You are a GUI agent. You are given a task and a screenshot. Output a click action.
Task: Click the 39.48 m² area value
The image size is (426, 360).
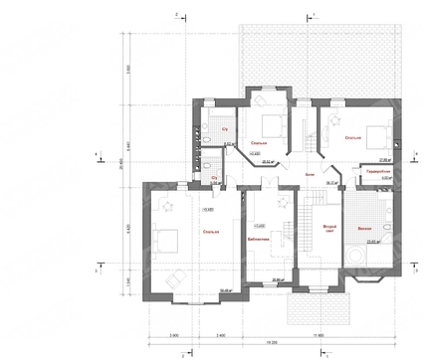click(x=225, y=290)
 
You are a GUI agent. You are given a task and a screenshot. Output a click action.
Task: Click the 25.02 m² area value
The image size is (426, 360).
click(x=269, y=157)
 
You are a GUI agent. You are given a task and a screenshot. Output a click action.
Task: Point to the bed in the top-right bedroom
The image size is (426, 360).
click(x=368, y=130)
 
